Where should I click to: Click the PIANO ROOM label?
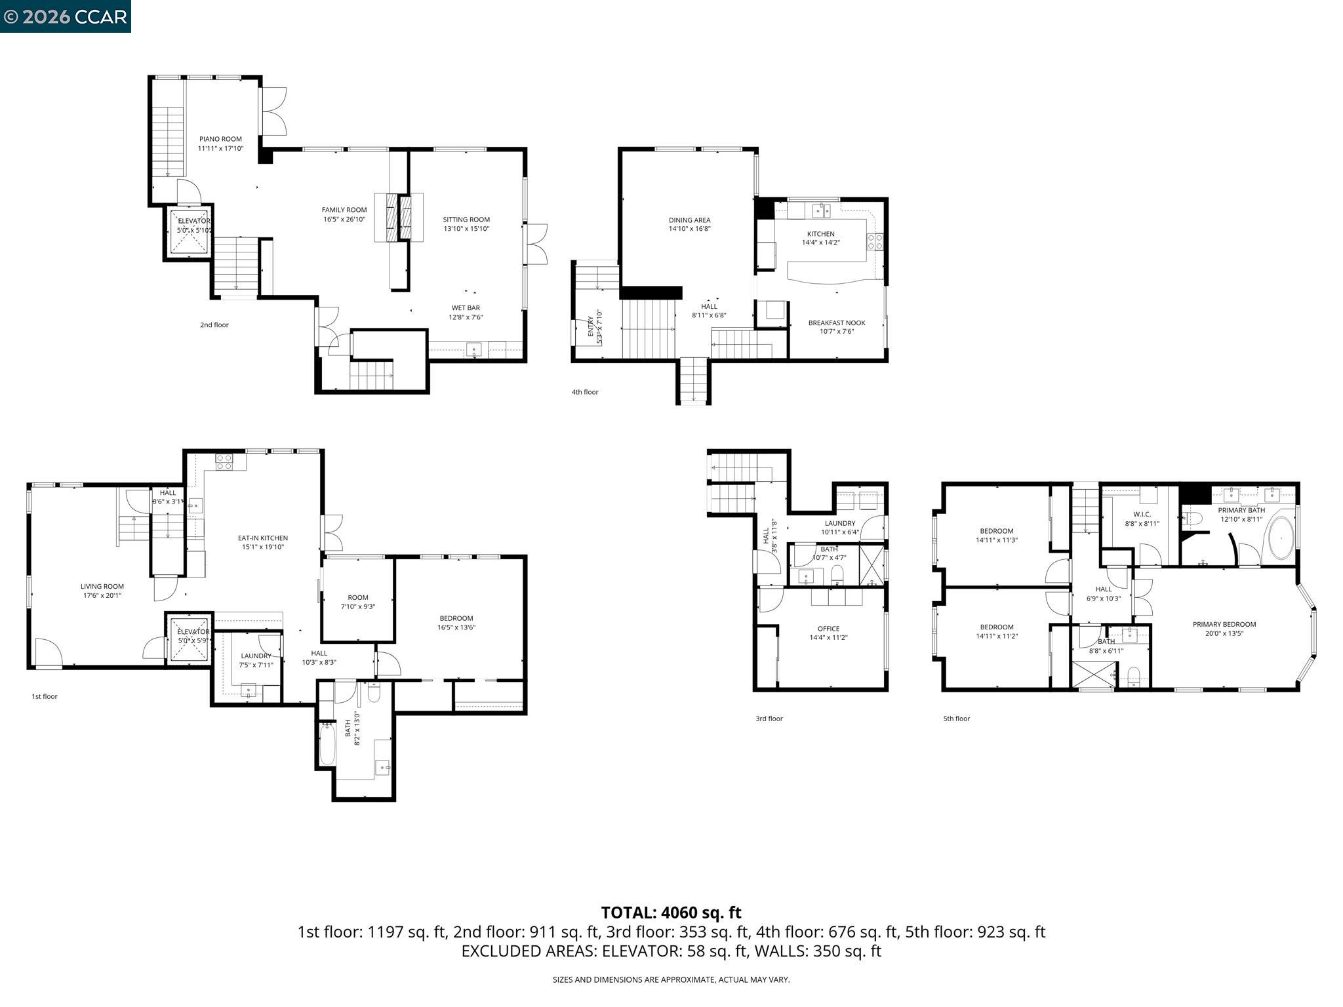[x=220, y=139]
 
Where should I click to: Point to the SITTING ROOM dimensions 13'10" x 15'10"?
[x=466, y=229]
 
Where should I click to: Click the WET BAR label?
[x=466, y=307]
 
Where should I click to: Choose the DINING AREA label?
[x=689, y=220]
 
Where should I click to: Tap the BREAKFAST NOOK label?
[x=836, y=323]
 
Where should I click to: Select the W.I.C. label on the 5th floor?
[x=1142, y=514]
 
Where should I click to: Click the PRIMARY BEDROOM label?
[x=1224, y=624]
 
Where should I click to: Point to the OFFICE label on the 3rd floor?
[x=828, y=629]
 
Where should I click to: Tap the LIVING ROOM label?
[x=102, y=587]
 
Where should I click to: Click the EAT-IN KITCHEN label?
[x=262, y=538]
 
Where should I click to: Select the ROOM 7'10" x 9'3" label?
[x=358, y=597]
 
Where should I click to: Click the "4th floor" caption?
[x=585, y=392]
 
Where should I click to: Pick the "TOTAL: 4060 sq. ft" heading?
[x=671, y=912]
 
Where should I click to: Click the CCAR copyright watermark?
[x=66, y=16]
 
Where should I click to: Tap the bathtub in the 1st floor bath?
[x=327, y=743]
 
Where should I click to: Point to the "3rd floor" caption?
[x=769, y=719]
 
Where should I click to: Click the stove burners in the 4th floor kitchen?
[x=875, y=241]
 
